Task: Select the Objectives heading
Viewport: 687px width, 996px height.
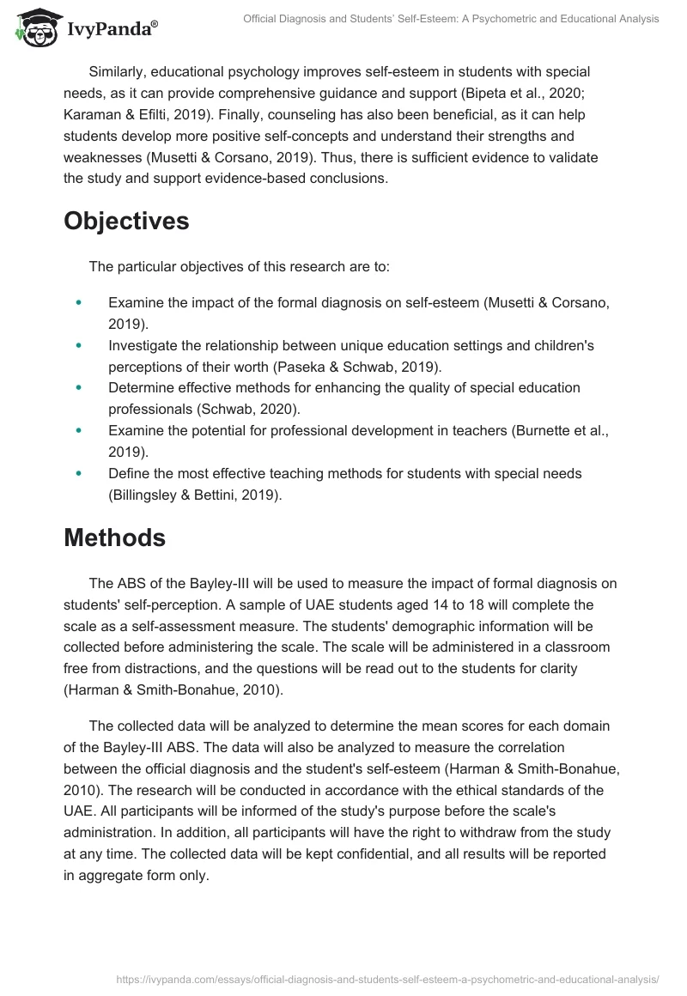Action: coord(126,221)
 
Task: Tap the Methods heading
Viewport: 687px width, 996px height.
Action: coord(114,537)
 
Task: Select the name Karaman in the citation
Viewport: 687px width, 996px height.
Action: coord(92,114)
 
